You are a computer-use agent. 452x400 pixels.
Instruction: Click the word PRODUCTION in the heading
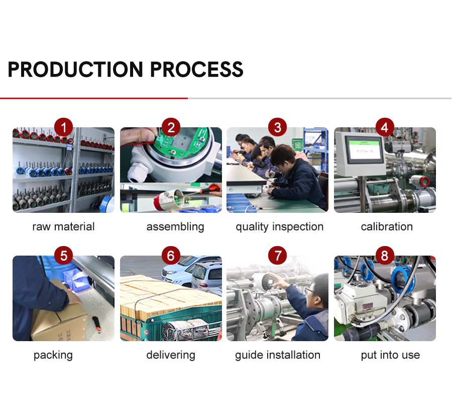[x=75, y=69]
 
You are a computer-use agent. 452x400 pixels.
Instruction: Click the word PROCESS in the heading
[x=196, y=69]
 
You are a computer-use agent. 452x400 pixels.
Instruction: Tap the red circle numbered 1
[x=63, y=127]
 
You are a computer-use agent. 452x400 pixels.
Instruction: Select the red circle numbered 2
[x=171, y=127]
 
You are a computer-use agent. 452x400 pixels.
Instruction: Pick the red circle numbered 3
[x=277, y=127]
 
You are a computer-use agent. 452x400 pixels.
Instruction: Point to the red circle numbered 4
[x=385, y=127]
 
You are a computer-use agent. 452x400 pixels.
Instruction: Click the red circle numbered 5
[x=63, y=256]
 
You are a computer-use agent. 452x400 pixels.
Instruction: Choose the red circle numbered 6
[x=171, y=256]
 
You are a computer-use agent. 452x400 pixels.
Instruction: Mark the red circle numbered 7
[x=277, y=256]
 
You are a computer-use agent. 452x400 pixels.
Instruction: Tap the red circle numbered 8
[x=385, y=256]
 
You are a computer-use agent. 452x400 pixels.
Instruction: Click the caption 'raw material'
[x=63, y=227]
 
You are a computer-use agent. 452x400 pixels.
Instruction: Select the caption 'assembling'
[x=175, y=227]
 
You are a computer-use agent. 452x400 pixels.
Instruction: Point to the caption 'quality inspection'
[x=280, y=227]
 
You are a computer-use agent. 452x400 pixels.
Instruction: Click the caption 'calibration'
[x=387, y=227]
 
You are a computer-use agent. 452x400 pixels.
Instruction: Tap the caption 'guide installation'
[x=278, y=355]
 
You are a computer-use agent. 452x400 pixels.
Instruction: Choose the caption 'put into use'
[x=390, y=355]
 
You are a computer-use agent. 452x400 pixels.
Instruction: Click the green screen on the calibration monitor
[x=365, y=150]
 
